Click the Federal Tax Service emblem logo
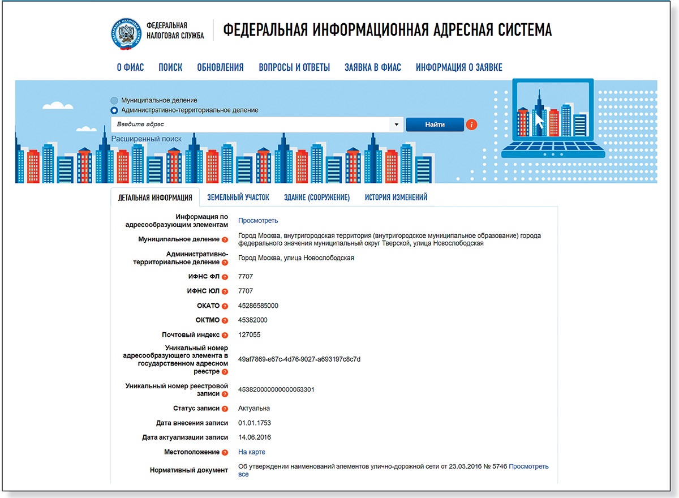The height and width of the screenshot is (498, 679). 126,33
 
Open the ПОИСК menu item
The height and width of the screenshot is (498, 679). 170,67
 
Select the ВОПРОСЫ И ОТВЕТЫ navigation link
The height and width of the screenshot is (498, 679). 294,67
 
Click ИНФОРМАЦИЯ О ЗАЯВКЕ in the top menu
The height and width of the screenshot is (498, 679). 459,67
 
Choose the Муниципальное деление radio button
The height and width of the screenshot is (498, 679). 115,100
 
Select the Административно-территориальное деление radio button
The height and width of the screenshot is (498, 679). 115,110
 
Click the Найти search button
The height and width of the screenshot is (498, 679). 435,124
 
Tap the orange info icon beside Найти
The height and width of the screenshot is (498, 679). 472,124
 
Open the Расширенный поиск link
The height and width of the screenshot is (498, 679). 147,139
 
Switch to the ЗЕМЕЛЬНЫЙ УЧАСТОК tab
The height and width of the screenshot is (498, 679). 238,198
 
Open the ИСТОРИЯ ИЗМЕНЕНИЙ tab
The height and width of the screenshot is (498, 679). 396,198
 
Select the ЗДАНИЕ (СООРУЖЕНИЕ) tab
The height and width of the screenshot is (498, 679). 317,198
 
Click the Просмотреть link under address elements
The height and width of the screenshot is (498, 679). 258,221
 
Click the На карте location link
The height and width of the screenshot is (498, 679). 251,452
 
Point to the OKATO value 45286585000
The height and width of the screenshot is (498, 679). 258,306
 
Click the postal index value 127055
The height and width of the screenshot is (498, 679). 249,335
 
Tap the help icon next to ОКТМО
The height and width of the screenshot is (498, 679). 225,321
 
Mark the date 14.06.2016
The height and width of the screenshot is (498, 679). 255,437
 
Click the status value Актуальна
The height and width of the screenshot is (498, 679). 254,409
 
